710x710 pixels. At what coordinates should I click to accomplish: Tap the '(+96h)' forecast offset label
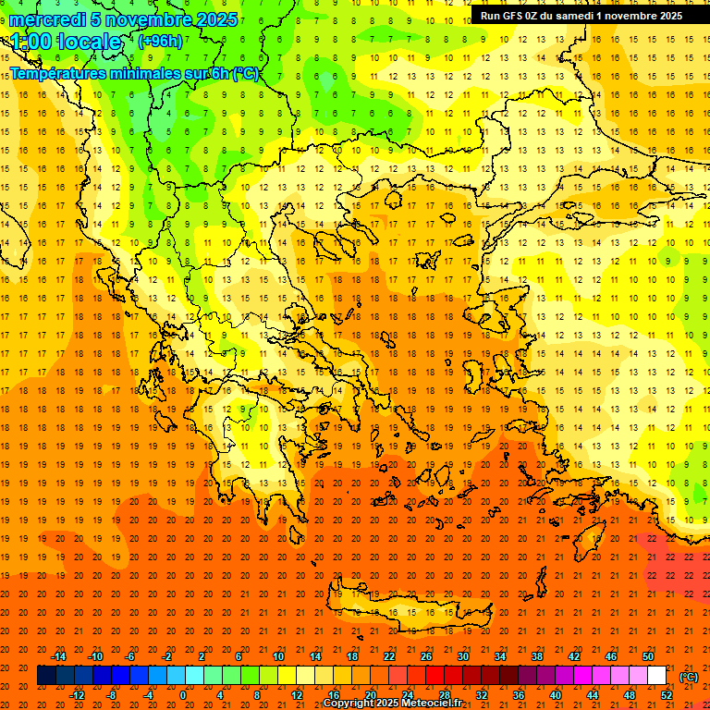click(x=160, y=41)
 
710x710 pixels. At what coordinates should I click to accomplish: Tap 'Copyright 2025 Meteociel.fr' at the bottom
click(x=393, y=704)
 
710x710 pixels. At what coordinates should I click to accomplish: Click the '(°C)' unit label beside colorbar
click(x=689, y=677)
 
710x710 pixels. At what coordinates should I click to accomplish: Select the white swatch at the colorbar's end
click(x=656, y=676)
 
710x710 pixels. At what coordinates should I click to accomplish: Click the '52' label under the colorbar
click(x=667, y=695)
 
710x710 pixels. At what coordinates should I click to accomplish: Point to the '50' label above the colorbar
click(x=647, y=656)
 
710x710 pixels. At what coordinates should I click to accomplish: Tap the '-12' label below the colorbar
click(x=77, y=695)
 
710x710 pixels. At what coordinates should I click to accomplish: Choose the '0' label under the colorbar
click(x=183, y=695)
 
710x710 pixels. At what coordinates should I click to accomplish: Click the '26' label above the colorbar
click(x=426, y=656)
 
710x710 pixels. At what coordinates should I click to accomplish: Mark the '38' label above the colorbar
click(x=536, y=656)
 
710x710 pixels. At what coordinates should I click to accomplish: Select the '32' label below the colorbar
click(x=482, y=695)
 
